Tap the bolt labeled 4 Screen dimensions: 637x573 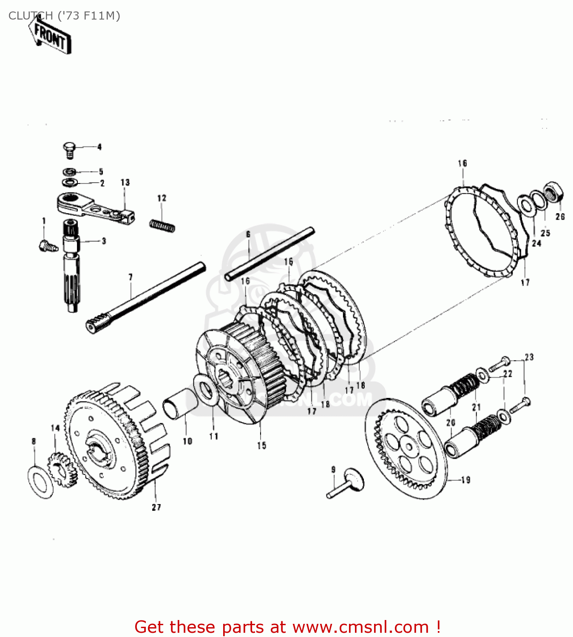69,149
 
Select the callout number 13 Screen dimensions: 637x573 125,182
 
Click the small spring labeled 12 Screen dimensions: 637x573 162,225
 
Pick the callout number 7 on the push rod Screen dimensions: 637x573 130,277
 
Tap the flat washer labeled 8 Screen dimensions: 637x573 41,482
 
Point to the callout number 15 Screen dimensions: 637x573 261,445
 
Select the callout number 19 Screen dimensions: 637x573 466,480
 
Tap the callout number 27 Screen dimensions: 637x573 156,507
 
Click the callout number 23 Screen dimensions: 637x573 529,357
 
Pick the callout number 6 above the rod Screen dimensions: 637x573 248,234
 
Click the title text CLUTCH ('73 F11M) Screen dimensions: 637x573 64,16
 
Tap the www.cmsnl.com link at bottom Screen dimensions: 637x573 360,627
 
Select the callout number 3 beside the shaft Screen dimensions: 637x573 104,241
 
